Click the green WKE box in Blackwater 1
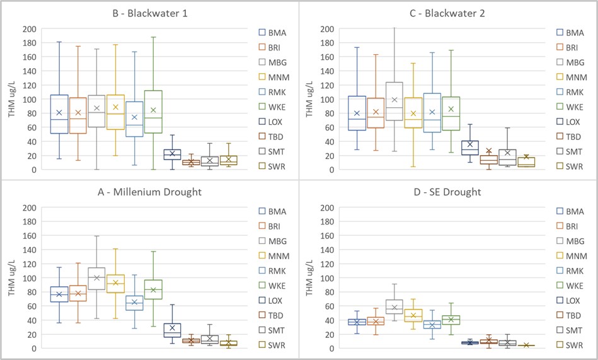point(153,112)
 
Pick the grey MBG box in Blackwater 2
point(394,102)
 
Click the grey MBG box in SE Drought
point(394,306)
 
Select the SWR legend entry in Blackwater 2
point(570,166)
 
